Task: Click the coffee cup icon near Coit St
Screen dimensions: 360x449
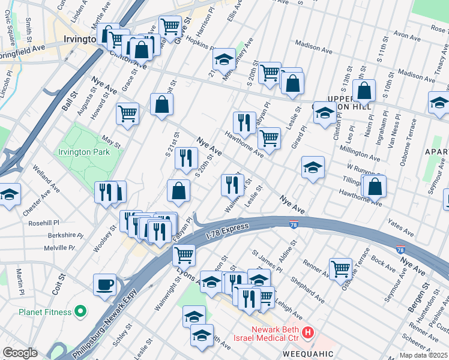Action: (105, 284)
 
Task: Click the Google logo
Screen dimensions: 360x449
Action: (20, 353)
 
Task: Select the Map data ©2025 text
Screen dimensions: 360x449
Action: (423, 355)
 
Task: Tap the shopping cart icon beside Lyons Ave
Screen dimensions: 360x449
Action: (184, 254)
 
